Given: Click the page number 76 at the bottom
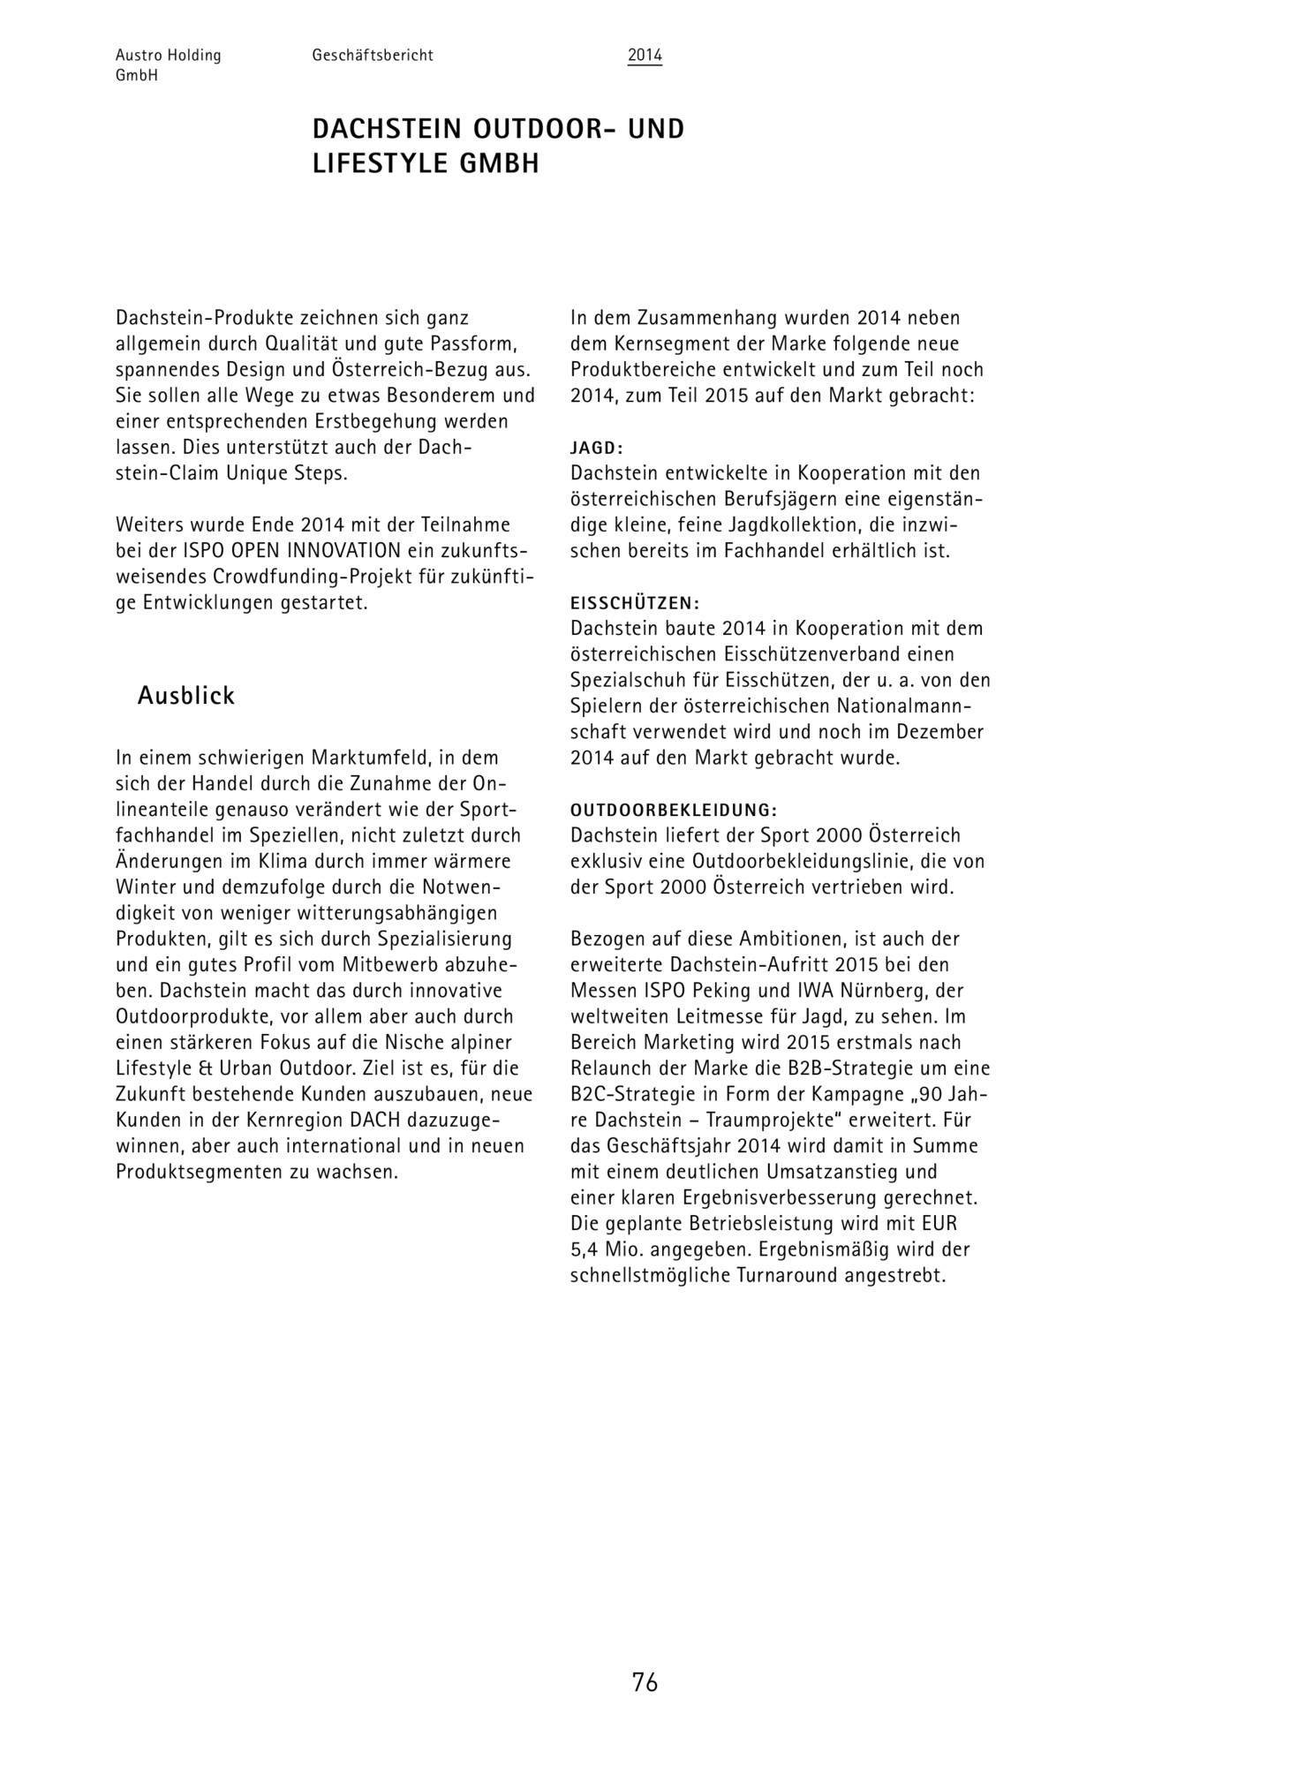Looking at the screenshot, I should [x=645, y=1683].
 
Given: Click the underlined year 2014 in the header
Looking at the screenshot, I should [x=645, y=56].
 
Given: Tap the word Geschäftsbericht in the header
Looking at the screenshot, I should [x=373, y=56].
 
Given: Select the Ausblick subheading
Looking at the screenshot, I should [x=186, y=696].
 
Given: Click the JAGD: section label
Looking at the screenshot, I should [x=597, y=448].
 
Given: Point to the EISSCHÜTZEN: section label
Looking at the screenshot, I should [x=635, y=603].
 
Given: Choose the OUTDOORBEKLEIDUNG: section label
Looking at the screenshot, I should [x=674, y=810].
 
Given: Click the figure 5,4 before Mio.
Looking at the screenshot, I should [x=585, y=1250].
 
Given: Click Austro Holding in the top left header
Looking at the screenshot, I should [x=169, y=56].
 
